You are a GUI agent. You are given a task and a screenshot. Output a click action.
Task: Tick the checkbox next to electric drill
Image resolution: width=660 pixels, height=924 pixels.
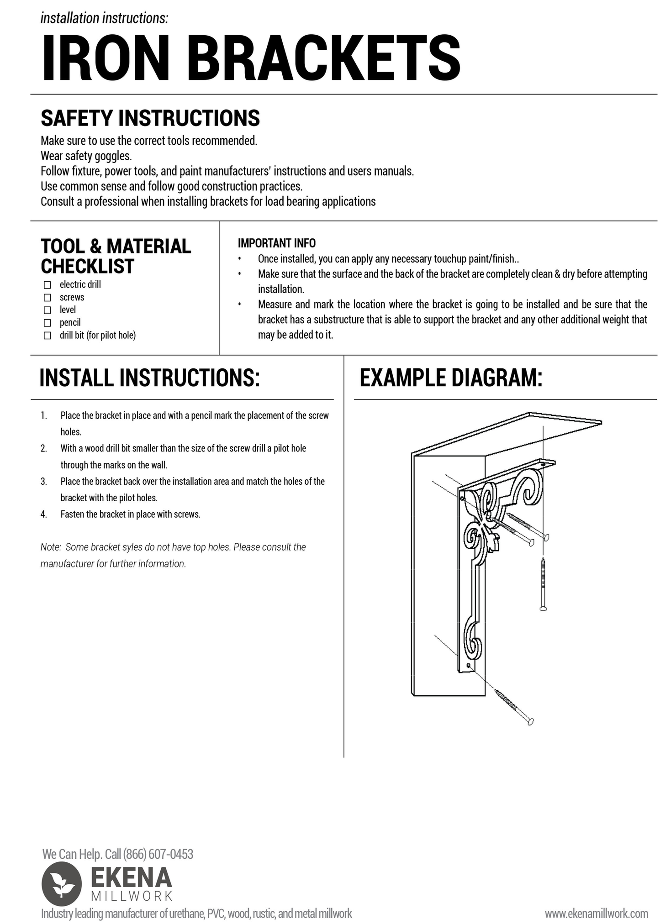47,285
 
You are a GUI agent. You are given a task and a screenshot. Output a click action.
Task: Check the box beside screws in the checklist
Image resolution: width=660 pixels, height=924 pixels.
47,298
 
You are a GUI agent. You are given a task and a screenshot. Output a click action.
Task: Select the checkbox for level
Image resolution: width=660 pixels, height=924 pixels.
47,310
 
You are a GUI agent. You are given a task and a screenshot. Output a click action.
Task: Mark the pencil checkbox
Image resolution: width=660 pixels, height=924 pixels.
47,323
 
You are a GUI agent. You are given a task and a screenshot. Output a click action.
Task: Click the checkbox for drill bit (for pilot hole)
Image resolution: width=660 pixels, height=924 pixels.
47,336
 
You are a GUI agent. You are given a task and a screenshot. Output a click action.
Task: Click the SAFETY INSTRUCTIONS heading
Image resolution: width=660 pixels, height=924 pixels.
150,118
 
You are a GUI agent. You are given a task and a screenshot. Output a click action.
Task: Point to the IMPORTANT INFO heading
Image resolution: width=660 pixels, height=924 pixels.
276,243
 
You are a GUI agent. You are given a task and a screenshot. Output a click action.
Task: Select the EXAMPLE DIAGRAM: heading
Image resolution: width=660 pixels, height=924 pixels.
451,378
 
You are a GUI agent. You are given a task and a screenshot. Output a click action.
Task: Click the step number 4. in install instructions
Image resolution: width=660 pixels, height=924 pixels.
44,514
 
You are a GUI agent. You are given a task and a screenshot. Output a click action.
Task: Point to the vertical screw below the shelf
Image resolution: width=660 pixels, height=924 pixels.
543,584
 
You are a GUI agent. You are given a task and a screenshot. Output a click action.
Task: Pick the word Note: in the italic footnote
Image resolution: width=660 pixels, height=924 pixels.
51,547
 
